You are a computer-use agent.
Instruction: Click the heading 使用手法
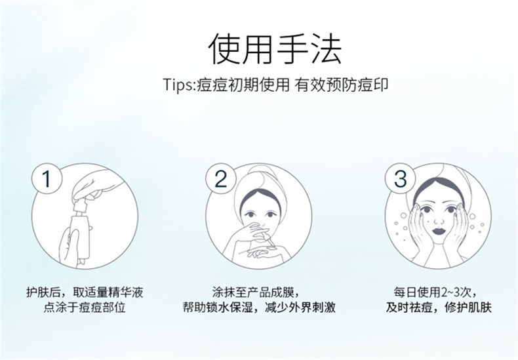pos(275,49)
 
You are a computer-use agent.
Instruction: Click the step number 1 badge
pos(47,178)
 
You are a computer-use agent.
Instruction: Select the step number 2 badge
pos(221,178)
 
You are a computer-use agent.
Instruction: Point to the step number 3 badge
pos(400,178)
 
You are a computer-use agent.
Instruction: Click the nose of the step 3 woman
pos(439,220)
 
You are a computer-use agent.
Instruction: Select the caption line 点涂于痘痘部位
pos(85,308)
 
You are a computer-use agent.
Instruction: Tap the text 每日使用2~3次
pos(435,292)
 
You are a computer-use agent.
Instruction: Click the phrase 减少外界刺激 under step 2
pos(300,308)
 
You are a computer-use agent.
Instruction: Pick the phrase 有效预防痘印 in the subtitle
pos(342,85)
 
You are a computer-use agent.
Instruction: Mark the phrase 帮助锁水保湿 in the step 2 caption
pos(218,308)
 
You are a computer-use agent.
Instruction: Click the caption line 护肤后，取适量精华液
pos(85,292)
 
